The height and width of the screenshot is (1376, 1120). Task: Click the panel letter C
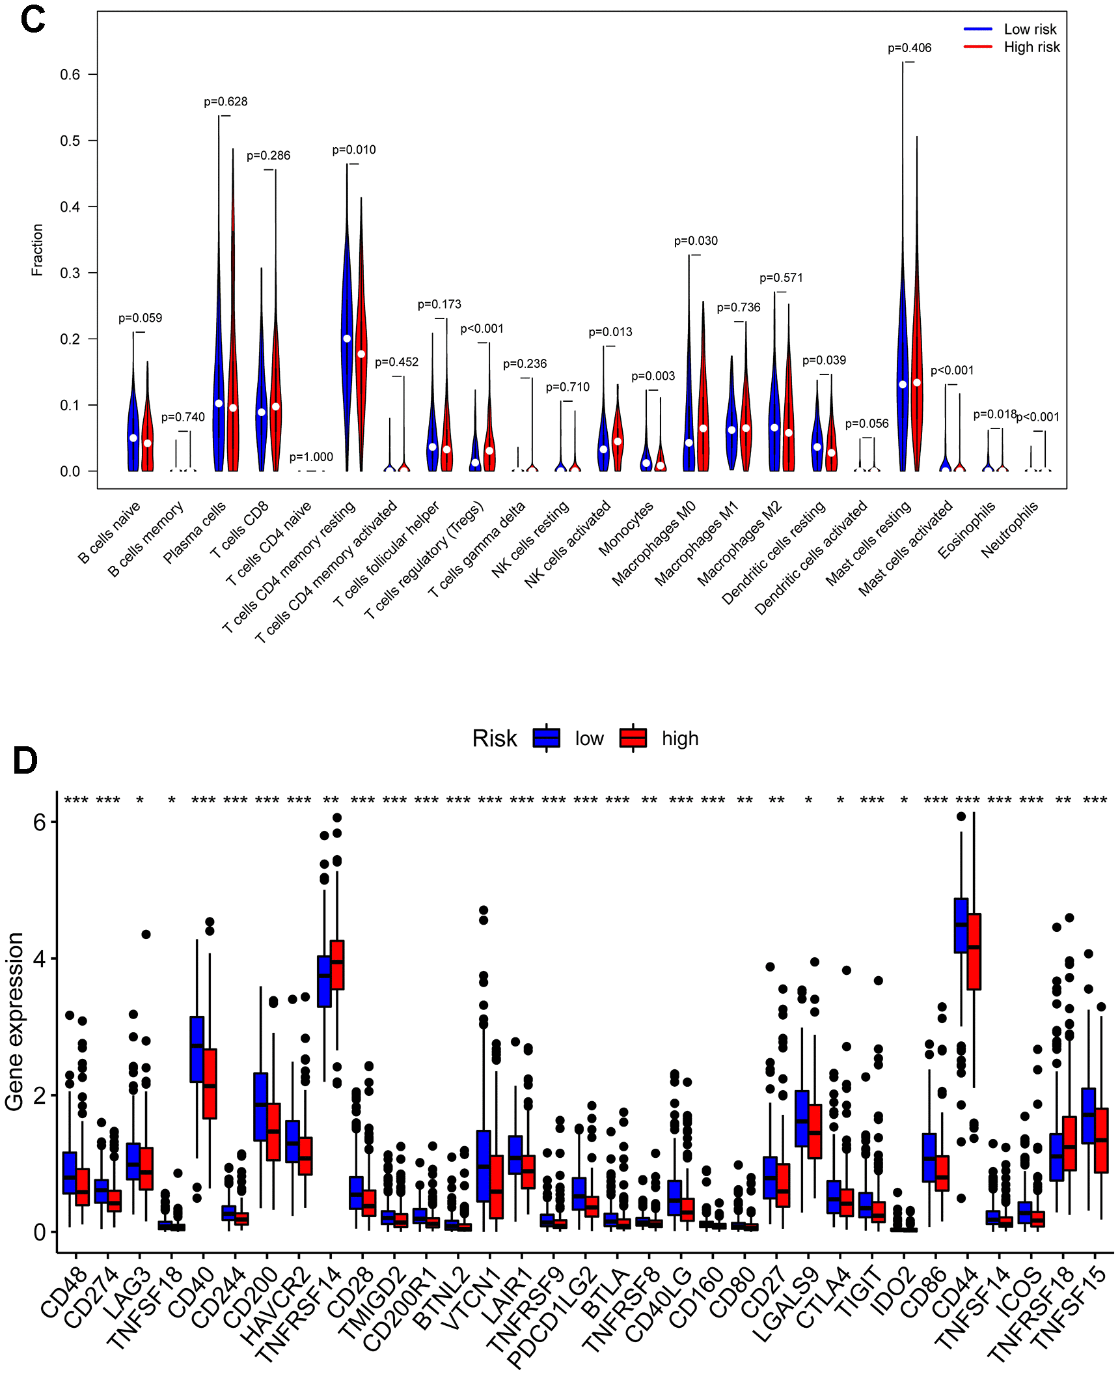click(x=33, y=20)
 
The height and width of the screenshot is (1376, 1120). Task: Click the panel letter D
click(x=25, y=760)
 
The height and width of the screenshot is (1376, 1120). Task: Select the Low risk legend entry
click(x=1030, y=29)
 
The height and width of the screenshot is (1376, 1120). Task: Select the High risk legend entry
click(x=1031, y=47)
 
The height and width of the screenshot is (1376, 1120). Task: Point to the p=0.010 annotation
click(x=354, y=150)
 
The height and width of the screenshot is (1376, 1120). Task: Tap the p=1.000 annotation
click(x=311, y=457)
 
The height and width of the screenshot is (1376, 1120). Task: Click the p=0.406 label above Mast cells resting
click(x=909, y=48)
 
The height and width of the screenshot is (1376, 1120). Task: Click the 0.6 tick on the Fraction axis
click(x=70, y=75)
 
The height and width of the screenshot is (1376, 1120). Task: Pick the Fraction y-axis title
click(x=37, y=250)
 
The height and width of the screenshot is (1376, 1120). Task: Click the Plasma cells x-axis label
click(x=195, y=532)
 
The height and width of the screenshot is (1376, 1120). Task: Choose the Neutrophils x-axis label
click(x=1009, y=530)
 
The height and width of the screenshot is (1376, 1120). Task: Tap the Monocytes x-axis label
click(x=625, y=529)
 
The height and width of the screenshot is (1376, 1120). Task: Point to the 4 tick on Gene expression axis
click(x=40, y=959)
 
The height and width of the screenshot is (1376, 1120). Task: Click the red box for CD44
click(x=974, y=952)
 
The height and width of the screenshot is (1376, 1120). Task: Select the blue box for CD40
click(x=197, y=1050)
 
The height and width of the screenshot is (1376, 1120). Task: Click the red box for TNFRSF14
click(x=337, y=964)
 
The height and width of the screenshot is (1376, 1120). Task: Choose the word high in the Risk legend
click(x=680, y=738)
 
